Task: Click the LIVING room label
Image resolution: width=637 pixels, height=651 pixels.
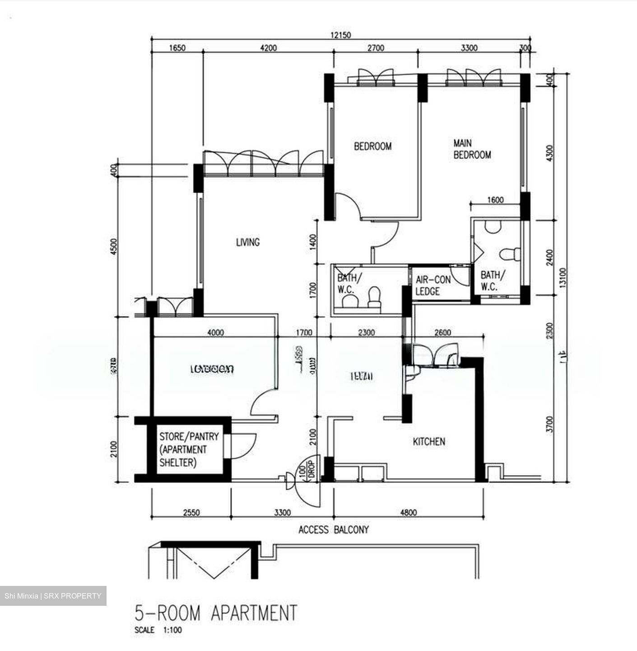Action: tap(248, 242)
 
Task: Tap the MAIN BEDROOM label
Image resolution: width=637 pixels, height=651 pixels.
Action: tap(472, 149)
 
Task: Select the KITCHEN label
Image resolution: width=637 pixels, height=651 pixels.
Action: tap(429, 441)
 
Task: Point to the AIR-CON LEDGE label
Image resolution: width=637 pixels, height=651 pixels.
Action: tap(432, 286)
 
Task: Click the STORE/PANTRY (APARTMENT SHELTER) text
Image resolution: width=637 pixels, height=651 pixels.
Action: tap(189, 449)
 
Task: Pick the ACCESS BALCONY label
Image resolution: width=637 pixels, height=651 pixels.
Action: tap(334, 529)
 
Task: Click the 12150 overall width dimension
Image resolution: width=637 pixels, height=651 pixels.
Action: tap(340, 35)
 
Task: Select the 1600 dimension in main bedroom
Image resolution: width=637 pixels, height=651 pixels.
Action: tap(495, 200)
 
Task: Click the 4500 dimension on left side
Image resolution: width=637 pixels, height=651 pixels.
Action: tap(113, 246)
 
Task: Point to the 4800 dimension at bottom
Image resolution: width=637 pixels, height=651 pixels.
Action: tap(408, 512)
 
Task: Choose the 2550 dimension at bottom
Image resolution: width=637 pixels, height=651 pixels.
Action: tap(191, 512)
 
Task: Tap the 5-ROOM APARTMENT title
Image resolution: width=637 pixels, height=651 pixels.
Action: tap(216, 613)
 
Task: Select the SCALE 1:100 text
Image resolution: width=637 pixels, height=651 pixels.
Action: tap(158, 630)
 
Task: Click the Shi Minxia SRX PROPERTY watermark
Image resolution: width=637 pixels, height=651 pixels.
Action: tap(53, 596)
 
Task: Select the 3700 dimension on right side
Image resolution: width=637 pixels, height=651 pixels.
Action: tap(549, 425)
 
